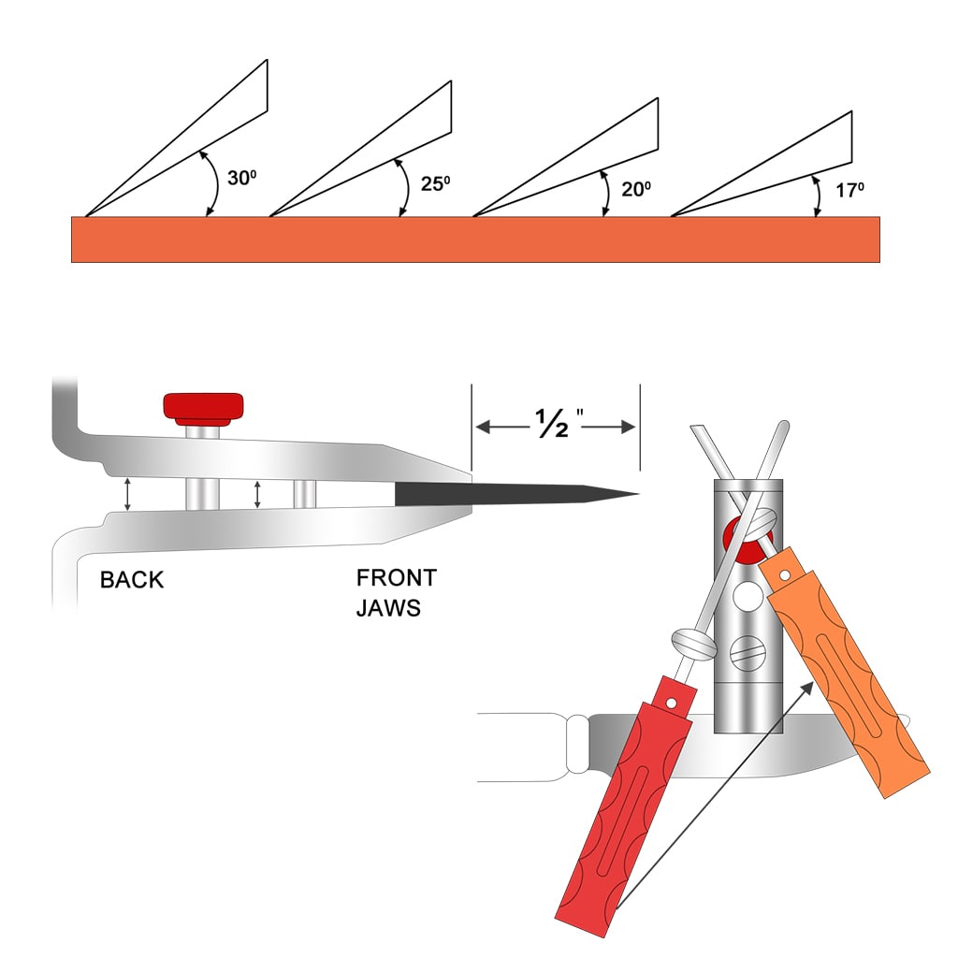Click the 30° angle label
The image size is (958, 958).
point(241,176)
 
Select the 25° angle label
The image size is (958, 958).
point(436,182)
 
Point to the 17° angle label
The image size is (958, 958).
point(849,190)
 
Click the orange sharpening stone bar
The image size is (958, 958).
point(475,239)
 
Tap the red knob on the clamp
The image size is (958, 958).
point(203,407)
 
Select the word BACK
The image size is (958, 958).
point(132,580)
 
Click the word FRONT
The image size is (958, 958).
point(396,578)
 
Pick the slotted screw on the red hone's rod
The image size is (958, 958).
point(694,645)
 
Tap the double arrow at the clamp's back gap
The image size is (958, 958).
point(128,493)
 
